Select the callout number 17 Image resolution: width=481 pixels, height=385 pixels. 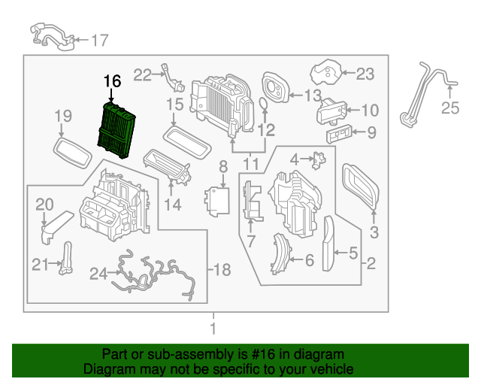pos(100,40)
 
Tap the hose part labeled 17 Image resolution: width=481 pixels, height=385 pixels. pos(50,35)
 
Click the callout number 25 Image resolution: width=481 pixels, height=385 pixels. pos(449,109)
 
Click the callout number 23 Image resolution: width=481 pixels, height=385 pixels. pos(365,74)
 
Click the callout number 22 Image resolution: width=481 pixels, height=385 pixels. pos(143,74)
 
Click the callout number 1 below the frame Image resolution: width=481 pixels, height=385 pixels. pos(213,329)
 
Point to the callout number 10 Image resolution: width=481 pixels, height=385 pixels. pos(371,111)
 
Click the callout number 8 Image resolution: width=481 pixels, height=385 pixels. pos(222,165)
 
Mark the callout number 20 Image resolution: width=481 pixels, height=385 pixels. pos(45,205)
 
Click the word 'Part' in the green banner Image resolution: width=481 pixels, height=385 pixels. pos(116,354)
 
